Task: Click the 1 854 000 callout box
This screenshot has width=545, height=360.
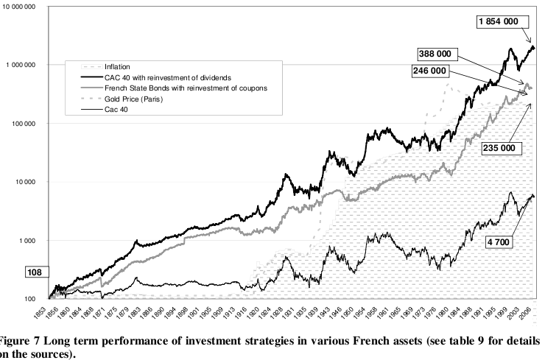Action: point(502,23)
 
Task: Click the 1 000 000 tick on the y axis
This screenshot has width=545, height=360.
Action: point(19,65)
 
